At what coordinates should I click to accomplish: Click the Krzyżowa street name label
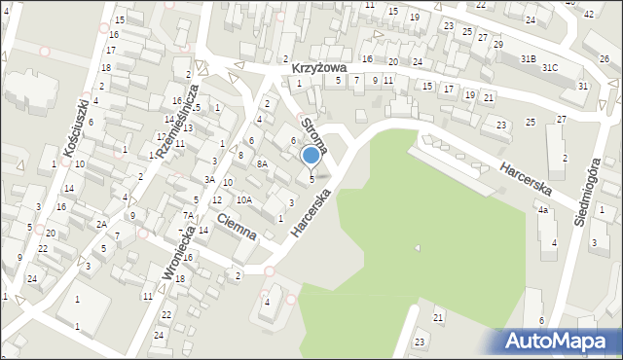(321, 69)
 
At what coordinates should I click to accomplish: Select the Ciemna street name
(237, 226)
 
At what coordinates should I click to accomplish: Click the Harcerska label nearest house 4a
(527, 179)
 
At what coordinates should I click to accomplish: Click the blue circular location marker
(311, 155)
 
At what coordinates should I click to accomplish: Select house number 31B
(527, 59)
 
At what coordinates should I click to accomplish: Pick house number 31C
(550, 67)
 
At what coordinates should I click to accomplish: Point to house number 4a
(543, 210)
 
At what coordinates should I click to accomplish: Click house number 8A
(262, 164)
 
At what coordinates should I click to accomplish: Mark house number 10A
(244, 199)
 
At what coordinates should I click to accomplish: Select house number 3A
(209, 180)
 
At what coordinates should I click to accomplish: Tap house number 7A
(189, 215)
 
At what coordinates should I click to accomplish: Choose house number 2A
(101, 224)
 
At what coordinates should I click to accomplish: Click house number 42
(588, 14)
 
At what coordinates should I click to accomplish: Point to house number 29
(498, 45)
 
